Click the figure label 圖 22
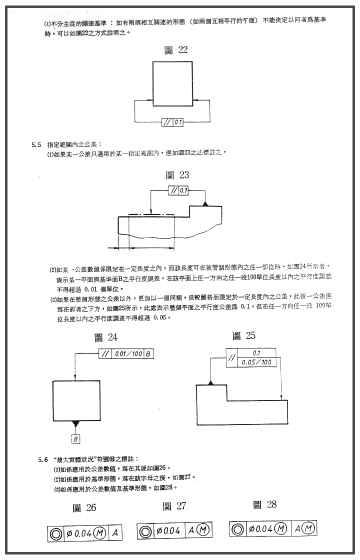tap(176, 49)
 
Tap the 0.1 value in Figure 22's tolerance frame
tap(178, 121)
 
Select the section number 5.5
tap(35, 144)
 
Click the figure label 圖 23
tap(177, 175)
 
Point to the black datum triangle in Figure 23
tap(204, 203)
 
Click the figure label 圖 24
tap(106, 337)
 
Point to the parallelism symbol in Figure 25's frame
tap(232, 357)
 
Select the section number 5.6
tap(43, 458)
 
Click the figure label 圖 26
tap(84, 508)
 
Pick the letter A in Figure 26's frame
tap(114, 533)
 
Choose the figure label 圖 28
tap(264, 504)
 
